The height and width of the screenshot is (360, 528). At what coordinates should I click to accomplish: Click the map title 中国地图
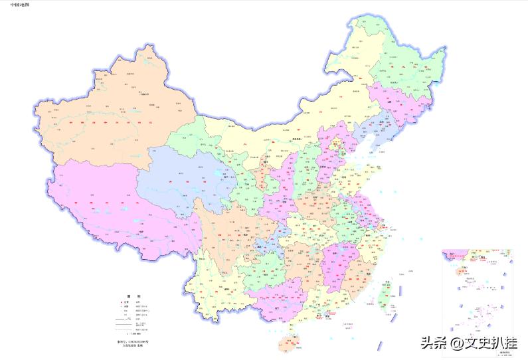[19, 5]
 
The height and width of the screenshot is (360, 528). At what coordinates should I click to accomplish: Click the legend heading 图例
[130, 296]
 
